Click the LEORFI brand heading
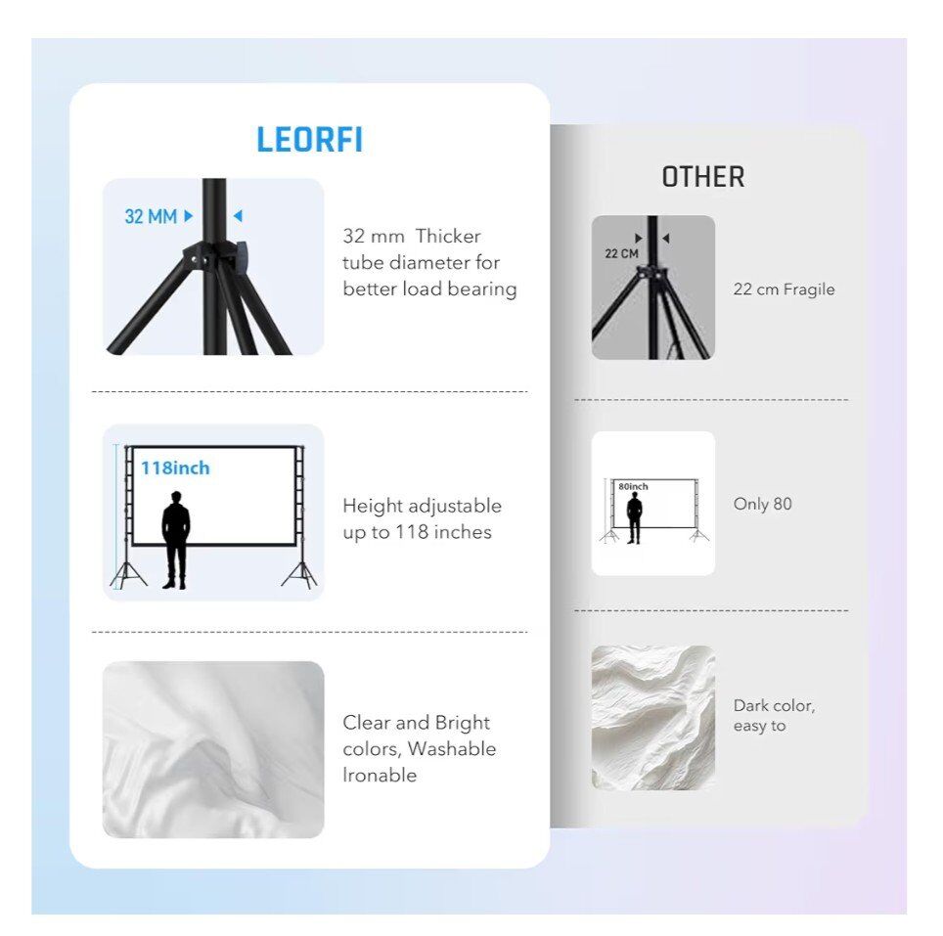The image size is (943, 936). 310,140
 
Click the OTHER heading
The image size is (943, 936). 703,177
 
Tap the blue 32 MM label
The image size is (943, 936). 151,216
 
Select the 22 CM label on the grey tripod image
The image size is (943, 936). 621,253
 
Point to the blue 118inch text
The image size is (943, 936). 175,468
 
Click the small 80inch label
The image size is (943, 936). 633,486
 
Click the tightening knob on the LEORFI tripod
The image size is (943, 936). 242,256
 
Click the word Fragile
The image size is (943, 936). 809,290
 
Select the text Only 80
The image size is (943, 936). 763,504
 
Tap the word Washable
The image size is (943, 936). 452,749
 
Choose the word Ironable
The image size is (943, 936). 380,775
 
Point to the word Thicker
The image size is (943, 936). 448,236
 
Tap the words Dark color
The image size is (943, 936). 774,706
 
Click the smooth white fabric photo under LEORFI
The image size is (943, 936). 213,749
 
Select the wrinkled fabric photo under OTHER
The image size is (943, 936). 653,718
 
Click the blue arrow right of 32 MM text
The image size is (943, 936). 188,216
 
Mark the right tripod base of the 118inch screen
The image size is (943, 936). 299,574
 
